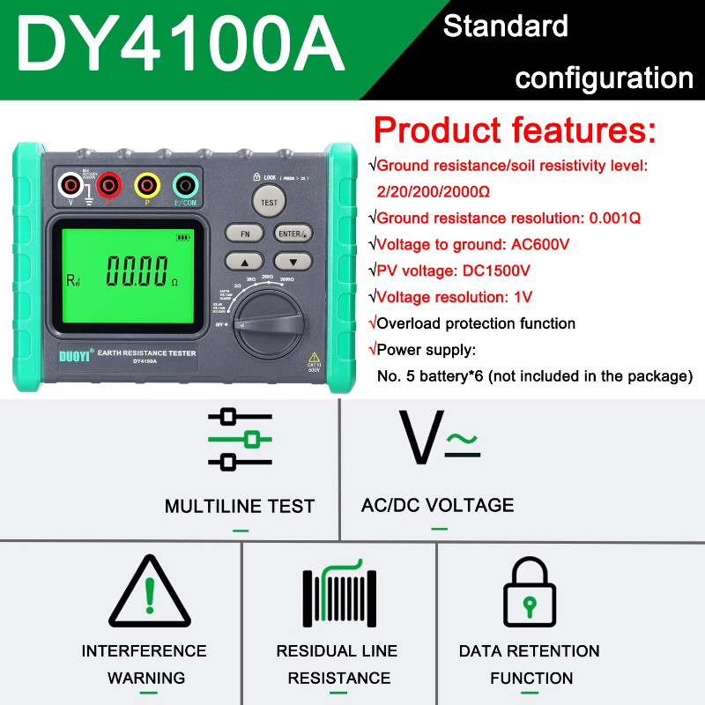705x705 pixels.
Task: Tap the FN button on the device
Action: (244, 233)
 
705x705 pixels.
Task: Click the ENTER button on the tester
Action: (291, 233)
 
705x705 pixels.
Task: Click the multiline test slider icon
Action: (240, 438)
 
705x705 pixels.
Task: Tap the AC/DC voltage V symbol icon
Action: (438, 437)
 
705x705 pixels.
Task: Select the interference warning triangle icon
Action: (150, 592)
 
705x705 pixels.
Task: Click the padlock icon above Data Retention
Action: (529, 592)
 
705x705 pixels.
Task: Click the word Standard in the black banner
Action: (505, 26)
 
